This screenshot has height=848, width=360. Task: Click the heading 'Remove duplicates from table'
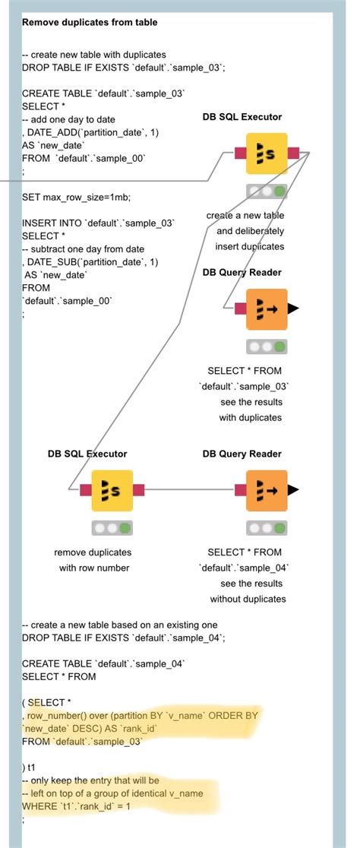[90, 23]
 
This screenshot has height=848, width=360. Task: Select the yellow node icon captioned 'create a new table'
[266, 153]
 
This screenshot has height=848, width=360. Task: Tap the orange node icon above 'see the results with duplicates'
[266, 309]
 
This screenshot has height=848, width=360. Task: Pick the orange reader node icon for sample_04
[267, 491]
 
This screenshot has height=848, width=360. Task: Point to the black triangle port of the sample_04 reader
[293, 491]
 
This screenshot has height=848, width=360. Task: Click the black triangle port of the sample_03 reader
[293, 309]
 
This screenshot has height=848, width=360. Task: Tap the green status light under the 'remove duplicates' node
[125, 527]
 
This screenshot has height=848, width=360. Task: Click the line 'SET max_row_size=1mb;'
[76, 198]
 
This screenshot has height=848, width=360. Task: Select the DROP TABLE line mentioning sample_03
[124, 68]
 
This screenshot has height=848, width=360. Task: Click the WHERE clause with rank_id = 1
[76, 806]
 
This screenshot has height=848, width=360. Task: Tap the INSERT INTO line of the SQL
[99, 223]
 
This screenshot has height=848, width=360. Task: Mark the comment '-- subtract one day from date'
[83, 249]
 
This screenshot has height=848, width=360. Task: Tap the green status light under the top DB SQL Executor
[279, 191]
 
